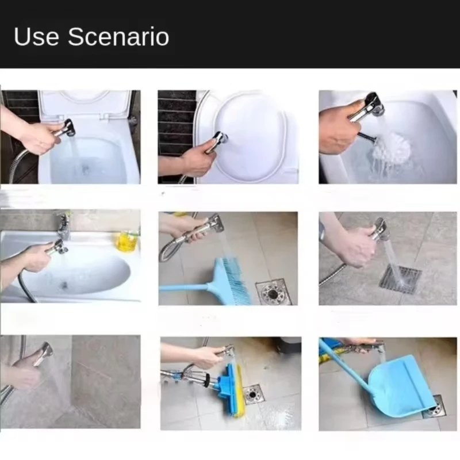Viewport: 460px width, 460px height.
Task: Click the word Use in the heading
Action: [37, 36]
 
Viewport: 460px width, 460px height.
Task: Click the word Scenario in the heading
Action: [118, 36]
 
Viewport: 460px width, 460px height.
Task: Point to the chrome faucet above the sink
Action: [63, 225]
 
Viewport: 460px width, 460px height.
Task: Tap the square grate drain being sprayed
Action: [400, 279]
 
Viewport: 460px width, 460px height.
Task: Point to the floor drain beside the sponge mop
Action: [253, 394]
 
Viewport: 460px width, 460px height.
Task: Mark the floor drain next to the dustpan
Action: [435, 407]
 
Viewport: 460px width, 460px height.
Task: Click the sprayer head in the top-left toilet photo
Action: [67, 127]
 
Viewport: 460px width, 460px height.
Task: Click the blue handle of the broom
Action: [184, 287]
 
